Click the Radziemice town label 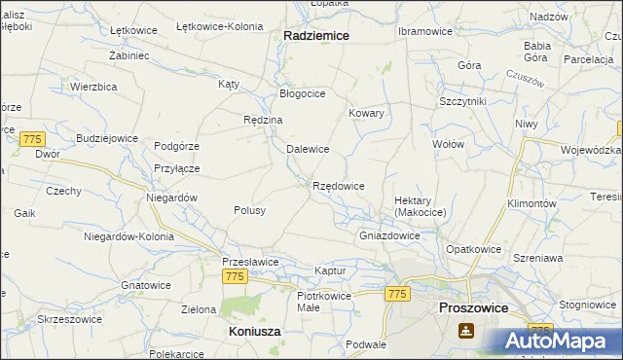click(316, 34)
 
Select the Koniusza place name click(254, 331)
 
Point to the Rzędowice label click(338, 185)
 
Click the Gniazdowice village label click(389, 235)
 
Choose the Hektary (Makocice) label click(420, 206)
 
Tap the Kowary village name click(367, 113)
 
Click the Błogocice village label click(302, 93)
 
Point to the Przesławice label click(250, 262)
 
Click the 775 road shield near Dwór click(32, 139)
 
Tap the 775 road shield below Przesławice click(234, 277)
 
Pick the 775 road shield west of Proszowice click(397, 294)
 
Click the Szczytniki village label click(462, 100)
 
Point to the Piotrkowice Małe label click(322, 300)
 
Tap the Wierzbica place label click(94, 86)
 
